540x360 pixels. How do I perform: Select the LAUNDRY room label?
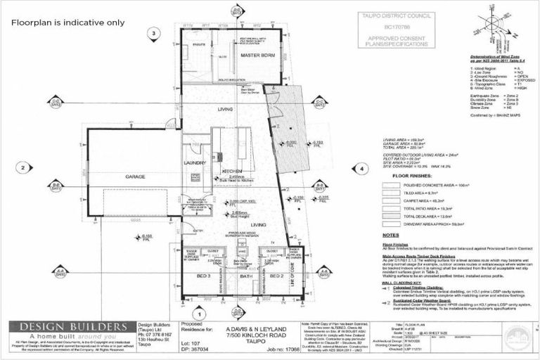(193, 162)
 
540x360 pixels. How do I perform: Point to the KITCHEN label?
(232, 172)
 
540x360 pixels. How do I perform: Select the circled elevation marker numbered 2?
(23, 167)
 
